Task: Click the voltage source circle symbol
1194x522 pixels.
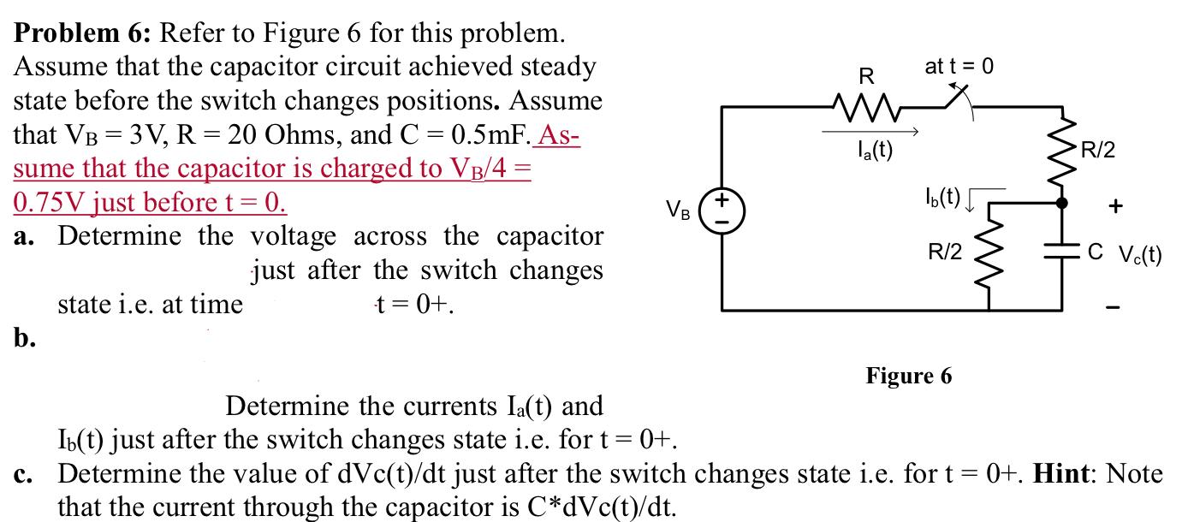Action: (721, 211)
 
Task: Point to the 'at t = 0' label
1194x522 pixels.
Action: (960, 66)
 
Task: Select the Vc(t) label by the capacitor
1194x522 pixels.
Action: (1137, 253)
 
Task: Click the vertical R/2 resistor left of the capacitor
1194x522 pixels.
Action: (990, 254)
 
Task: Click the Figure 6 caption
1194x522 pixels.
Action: (909, 376)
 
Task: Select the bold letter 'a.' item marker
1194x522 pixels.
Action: (25, 237)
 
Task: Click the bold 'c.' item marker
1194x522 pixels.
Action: (25, 473)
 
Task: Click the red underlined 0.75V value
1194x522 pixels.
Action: (50, 203)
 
